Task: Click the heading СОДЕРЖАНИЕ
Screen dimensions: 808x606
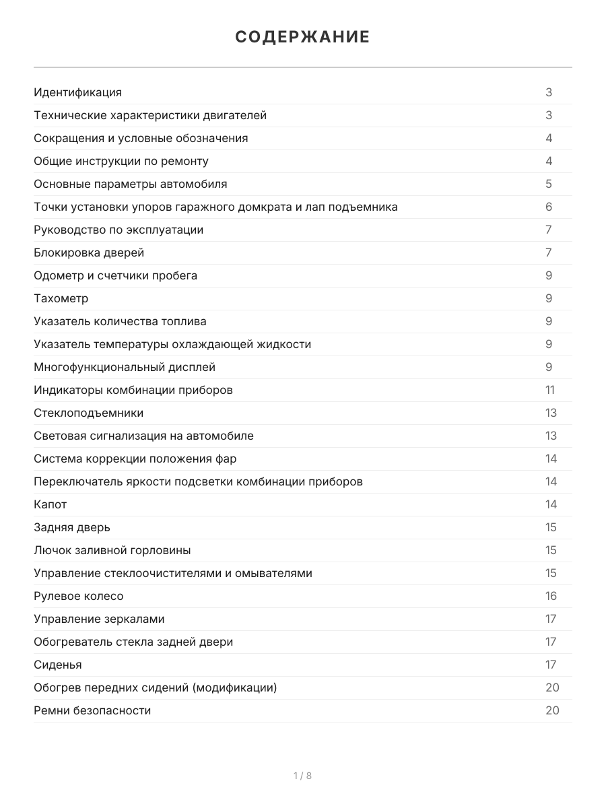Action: pos(302,37)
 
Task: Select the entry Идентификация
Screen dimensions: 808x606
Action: pos(78,92)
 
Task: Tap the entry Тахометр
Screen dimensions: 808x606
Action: pos(61,298)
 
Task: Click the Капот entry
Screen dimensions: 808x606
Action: pos(50,504)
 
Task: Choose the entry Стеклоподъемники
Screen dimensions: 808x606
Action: pos(89,413)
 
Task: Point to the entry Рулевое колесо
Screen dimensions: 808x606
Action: pos(79,596)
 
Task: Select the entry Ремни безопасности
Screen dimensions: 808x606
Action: pos(92,710)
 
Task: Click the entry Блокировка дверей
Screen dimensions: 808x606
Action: pos(89,252)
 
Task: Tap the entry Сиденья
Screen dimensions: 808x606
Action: pos(58,665)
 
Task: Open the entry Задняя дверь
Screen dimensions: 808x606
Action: pos(72,527)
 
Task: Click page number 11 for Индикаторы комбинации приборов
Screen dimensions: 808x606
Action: pos(550,390)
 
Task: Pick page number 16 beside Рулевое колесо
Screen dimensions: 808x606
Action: pos(551,596)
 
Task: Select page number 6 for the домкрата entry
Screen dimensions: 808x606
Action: pos(549,207)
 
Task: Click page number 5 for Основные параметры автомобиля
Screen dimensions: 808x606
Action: pos(549,184)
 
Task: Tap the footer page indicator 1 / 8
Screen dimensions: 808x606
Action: pos(302,776)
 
